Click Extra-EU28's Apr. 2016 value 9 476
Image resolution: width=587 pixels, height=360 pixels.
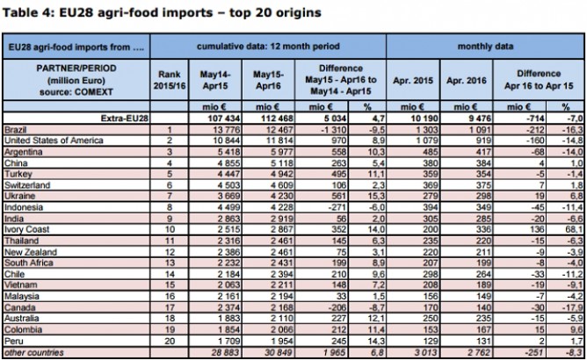pos(466,119)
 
